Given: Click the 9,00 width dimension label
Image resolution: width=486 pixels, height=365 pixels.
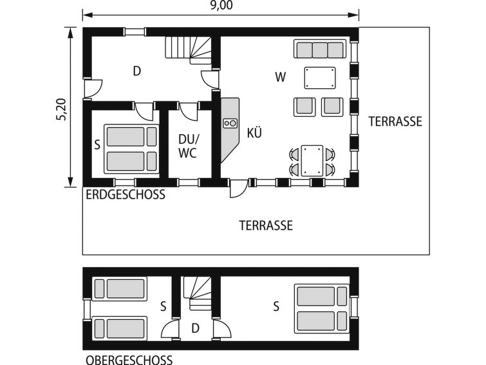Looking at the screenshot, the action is coord(221,5).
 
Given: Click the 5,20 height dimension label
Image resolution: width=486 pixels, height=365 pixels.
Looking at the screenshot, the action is coord(61,109).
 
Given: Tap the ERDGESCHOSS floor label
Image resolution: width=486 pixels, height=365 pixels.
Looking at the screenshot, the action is coord(126,195).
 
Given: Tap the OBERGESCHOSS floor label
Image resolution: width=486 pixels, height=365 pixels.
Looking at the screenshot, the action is coord(129,360).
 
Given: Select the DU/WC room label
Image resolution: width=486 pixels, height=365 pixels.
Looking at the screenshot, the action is coord(188,146).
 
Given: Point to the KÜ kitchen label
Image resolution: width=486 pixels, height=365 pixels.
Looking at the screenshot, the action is coord(254,133).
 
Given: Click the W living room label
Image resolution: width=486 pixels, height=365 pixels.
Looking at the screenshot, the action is coord(281,77).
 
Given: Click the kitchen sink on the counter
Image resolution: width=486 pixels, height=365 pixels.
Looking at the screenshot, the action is coord(230,123).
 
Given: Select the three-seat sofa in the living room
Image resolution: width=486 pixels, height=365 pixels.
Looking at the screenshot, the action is coord(320,49).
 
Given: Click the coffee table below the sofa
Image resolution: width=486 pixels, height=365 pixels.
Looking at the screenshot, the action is coord(320,77).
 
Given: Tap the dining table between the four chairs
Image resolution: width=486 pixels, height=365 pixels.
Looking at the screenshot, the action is coord(312,161).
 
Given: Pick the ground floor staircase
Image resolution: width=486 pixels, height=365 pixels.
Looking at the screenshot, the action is coord(188,50).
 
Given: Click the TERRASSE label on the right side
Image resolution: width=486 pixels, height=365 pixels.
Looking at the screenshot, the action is coord(395,121).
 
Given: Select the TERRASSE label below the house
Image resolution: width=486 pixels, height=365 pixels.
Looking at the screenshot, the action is coord(266,225).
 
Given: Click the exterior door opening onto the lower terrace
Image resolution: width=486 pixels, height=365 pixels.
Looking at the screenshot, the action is coord(238,188).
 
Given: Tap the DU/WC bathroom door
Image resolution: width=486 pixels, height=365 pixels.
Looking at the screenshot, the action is coord(189,111).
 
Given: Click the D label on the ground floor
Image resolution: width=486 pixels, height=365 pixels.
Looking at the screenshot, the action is coord(137,71).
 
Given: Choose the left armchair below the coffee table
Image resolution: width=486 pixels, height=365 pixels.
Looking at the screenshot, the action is coord(304,107).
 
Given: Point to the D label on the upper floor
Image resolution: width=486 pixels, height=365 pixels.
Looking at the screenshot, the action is coord(195,328).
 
